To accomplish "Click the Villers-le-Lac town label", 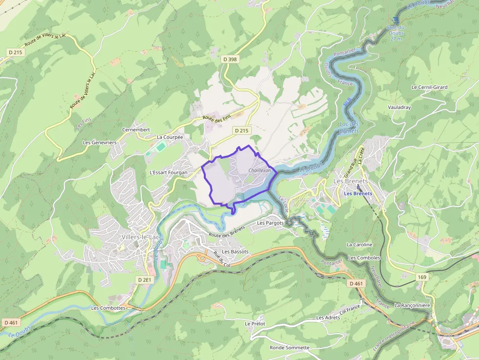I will click(x=139, y=237).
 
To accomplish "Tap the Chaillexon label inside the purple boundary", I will click(x=260, y=170).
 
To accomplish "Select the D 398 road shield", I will click(x=230, y=59).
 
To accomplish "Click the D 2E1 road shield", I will click(x=145, y=280).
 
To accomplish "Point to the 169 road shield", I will click(x=422, y=277).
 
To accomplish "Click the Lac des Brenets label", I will click(x=349, y=127).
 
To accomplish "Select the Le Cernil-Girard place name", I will click(x=429, y=87).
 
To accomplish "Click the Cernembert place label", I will click(x=136, y=130).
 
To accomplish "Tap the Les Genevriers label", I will click(x=100, y=143).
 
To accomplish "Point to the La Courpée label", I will click(x=170, y=138).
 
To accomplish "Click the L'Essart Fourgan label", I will click(x=168, y=173).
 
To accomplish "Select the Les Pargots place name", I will click(x=270, y=223).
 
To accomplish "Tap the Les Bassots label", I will click(x=235, y=252).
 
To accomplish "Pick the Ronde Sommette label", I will click(x=289, y=348).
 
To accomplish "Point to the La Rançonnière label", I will click(x=412, y=305).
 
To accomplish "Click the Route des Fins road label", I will click(x=217, y=118).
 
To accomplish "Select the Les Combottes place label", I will click(x=109, y=308).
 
